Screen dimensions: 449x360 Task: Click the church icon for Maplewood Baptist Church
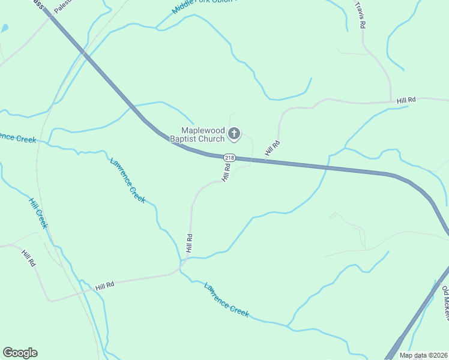tap(235, 134)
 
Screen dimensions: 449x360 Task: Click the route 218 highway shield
tap(229, 157)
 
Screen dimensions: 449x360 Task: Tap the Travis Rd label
tap(361, 16)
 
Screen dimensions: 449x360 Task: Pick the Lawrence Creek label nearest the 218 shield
tap(127, 180)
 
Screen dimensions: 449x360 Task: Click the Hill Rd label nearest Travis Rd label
tap(406, 101)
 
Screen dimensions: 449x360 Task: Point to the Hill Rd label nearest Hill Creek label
tap(28, 259)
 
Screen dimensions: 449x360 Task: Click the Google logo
tap(20, 353)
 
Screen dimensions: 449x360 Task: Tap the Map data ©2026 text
tap(423, 355)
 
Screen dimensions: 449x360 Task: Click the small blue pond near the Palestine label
tap(4, 28)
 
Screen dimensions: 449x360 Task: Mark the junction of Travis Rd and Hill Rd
tap(391, 101)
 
